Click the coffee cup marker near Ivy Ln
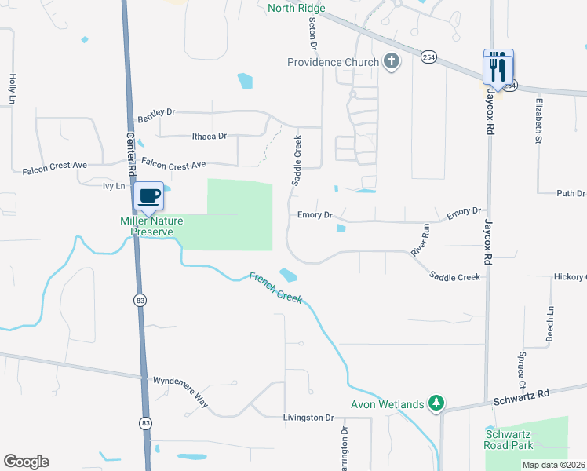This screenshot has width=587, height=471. pos(148,196)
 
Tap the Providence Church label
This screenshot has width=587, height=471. pos(333,62)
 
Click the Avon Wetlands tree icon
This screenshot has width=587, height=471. pos(436,404)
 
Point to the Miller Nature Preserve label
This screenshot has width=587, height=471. pos(146,226)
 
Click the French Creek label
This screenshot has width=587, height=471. pos(275,287)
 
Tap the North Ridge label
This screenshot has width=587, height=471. pos(296,9)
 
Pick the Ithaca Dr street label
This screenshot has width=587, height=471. pos(210,136)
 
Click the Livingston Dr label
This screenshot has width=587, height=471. pos(309,418)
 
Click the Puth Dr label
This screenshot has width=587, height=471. pos(571,193)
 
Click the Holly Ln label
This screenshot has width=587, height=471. pos(13,89)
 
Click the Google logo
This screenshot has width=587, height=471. pos(26,462)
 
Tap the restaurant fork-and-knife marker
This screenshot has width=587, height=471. pos(498,68)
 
